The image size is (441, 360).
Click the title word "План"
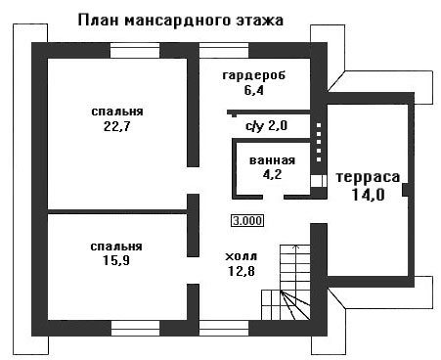99,21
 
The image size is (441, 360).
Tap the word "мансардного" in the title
178,22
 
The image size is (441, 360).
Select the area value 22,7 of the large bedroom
117,126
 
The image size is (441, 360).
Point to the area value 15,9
116,260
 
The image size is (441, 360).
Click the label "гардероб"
254,75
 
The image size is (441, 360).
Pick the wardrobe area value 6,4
254,90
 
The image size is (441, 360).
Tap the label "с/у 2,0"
266,125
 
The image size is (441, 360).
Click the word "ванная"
272,160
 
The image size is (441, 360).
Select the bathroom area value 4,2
273,174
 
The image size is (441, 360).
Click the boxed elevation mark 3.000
247,221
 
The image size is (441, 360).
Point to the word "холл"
242,256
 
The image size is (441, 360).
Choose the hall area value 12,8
242,271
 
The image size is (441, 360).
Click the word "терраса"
368,177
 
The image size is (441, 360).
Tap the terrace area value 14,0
369,195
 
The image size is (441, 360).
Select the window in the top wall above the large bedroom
135,51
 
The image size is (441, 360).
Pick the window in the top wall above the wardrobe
224,51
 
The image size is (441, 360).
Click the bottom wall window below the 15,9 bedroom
135,328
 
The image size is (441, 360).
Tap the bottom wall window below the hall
224,328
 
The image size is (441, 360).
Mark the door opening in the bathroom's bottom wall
274,197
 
